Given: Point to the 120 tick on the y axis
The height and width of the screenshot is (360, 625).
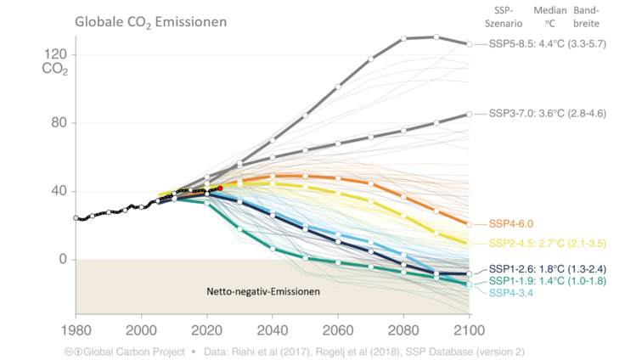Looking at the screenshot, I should point(55,54).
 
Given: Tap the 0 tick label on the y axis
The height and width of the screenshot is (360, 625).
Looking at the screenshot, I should point(62,259).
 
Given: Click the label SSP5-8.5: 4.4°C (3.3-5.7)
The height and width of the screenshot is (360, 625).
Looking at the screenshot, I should point(547,43).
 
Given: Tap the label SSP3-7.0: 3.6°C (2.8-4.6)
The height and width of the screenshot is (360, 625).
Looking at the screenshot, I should point(547,113).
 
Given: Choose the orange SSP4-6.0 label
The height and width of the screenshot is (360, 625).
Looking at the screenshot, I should point(513,224).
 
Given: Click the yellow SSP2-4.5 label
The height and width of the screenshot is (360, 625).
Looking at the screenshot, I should point(547,244).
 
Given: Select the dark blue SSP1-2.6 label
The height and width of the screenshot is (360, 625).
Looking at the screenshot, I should point(547,268).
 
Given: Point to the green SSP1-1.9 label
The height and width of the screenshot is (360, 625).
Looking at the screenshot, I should point(547,280).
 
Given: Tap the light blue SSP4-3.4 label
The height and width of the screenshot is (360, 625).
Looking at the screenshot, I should point(513,292).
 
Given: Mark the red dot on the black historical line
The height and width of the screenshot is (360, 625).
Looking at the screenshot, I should point(220,188).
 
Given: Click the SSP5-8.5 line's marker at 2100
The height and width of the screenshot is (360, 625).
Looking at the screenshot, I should point(469,43).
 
